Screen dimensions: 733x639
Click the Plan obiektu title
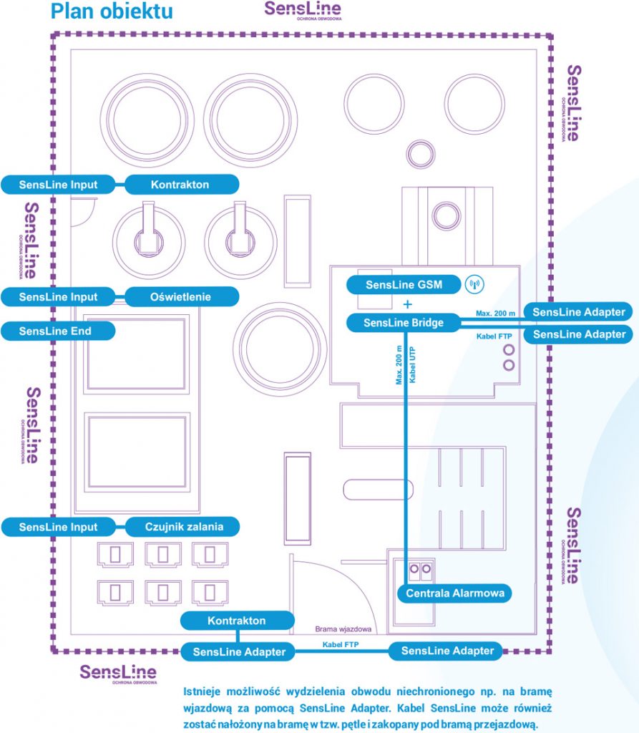(x=111, y=12)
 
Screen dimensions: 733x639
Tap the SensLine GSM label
(x=404, y=285)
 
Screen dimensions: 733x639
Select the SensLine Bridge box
(x=404, y=323)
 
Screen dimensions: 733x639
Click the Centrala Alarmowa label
(x=455, y=593)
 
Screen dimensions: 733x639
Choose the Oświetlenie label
(x=181, y=296)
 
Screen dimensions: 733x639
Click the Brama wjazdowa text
(x=343, y=630)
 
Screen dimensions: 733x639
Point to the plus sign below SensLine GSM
(x=408, y=304)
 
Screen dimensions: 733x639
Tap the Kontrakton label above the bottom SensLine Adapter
(x=237, y=621)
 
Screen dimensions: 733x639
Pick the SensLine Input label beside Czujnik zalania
(x=58, y=527)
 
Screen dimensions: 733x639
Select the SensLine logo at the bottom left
(x=118, y=674)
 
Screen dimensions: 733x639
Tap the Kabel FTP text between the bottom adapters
(x=341, y=645)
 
